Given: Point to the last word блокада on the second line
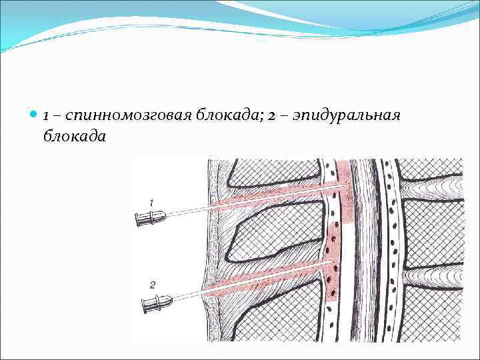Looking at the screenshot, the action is (x=74, y=135).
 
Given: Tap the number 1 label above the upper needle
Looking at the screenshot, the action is (x=152, y=201).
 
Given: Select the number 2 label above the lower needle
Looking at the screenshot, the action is (x=153, y=285).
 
